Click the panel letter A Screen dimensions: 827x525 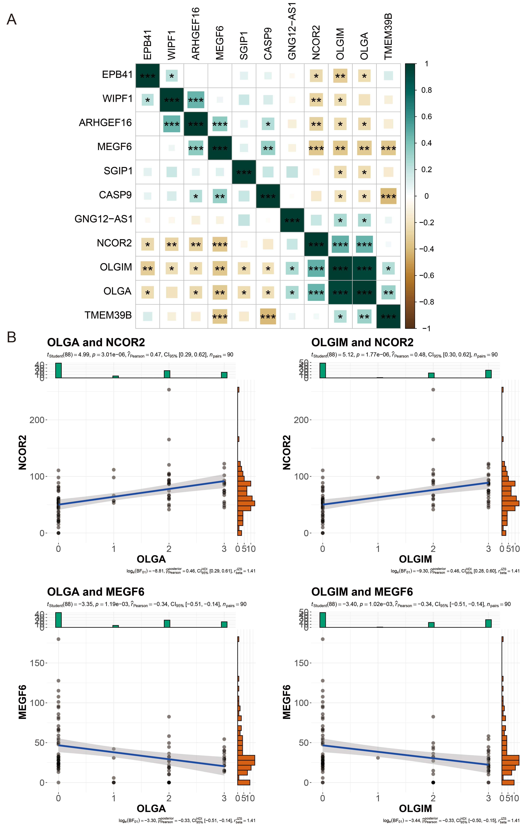coord(12,20)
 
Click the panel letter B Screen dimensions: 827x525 coord(12,337)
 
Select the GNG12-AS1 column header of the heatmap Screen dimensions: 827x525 coord(292,31)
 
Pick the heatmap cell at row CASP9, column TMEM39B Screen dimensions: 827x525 coord(388,196)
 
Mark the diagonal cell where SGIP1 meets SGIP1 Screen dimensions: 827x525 coord(244,172)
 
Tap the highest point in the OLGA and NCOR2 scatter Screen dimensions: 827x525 coord(169,389)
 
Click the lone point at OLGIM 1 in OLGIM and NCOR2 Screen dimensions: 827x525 coord(378,477)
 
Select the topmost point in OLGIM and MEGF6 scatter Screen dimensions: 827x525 coord(323,639)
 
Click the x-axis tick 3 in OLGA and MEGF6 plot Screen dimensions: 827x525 coord(224,798)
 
